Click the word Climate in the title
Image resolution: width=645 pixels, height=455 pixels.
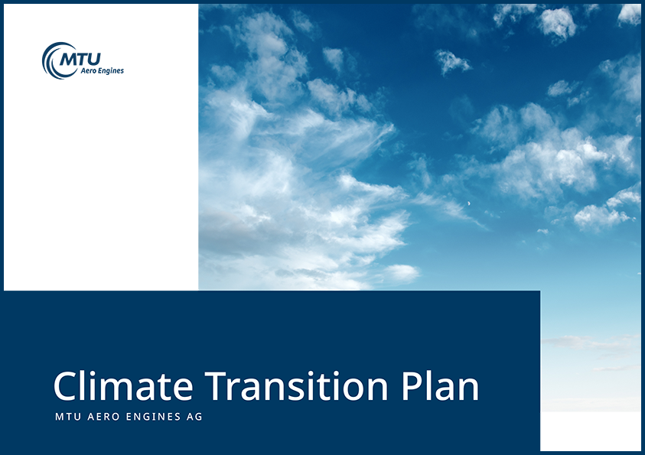tap(123, 385)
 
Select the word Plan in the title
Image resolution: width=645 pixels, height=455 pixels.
tap(440, 385)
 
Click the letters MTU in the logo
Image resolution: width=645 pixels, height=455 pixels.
tap(80, 60)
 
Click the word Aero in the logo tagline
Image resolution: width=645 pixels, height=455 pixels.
tap(88, 70)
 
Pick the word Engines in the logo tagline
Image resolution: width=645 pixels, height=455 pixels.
tap(110, 71)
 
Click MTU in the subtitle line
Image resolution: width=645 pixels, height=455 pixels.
tap(68, 417)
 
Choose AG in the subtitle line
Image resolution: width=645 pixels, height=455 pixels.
tap(194, 417)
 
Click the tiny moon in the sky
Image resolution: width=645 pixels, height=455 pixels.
tap(468, 203)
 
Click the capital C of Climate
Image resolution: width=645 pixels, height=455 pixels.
tap(65, 386)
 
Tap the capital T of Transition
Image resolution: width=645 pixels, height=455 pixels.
tap(217, 386)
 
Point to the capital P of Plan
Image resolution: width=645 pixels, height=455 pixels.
tap(412, 386)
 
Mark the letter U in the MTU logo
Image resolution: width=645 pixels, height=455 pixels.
tap(94, 60)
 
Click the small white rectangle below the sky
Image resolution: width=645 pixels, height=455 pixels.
tap(592, 431)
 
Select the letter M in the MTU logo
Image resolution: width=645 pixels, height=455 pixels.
tap(68, 60)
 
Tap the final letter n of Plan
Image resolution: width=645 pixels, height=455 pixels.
tap(468, 390)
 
